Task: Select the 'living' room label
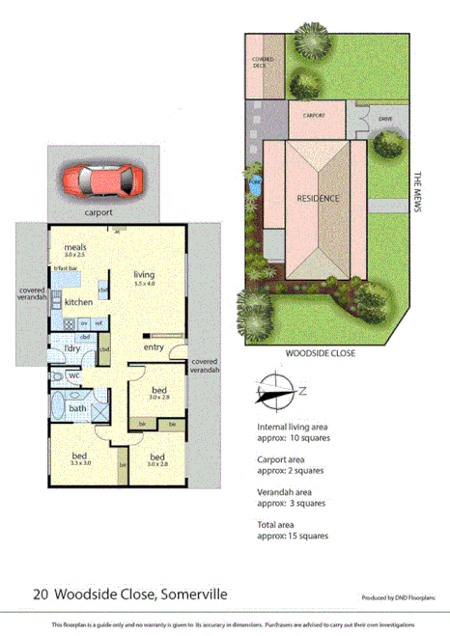pos(144,274)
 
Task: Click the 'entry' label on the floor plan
pos(154,347)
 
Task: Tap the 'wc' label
pos(73,375)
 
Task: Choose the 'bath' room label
pos(77,408)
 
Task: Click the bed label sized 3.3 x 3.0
pos(81,456)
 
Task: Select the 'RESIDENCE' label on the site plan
pos(318,199)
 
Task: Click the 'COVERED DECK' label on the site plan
pos(263,63)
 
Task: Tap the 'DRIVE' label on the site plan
pos(385,120)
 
